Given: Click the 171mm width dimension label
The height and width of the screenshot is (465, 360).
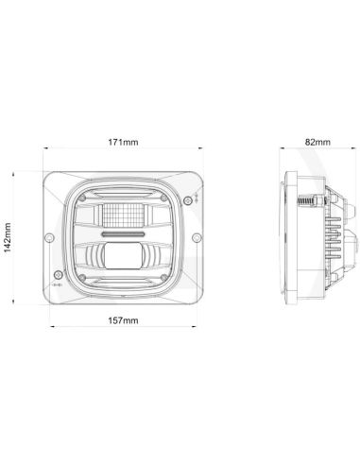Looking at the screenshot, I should tap(123, 142).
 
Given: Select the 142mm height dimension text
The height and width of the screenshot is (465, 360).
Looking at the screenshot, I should tap(9, 237).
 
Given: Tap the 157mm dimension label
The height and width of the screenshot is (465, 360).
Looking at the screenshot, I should tap(123, 321).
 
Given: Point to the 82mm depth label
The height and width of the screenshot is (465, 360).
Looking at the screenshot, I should tap(318, 142).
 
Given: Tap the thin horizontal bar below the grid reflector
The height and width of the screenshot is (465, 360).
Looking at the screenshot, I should tap(124, 231).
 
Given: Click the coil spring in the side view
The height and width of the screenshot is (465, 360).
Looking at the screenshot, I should tap(307, 204).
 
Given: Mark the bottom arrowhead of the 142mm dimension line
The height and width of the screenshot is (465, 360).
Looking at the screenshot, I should tap(16, 301).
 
